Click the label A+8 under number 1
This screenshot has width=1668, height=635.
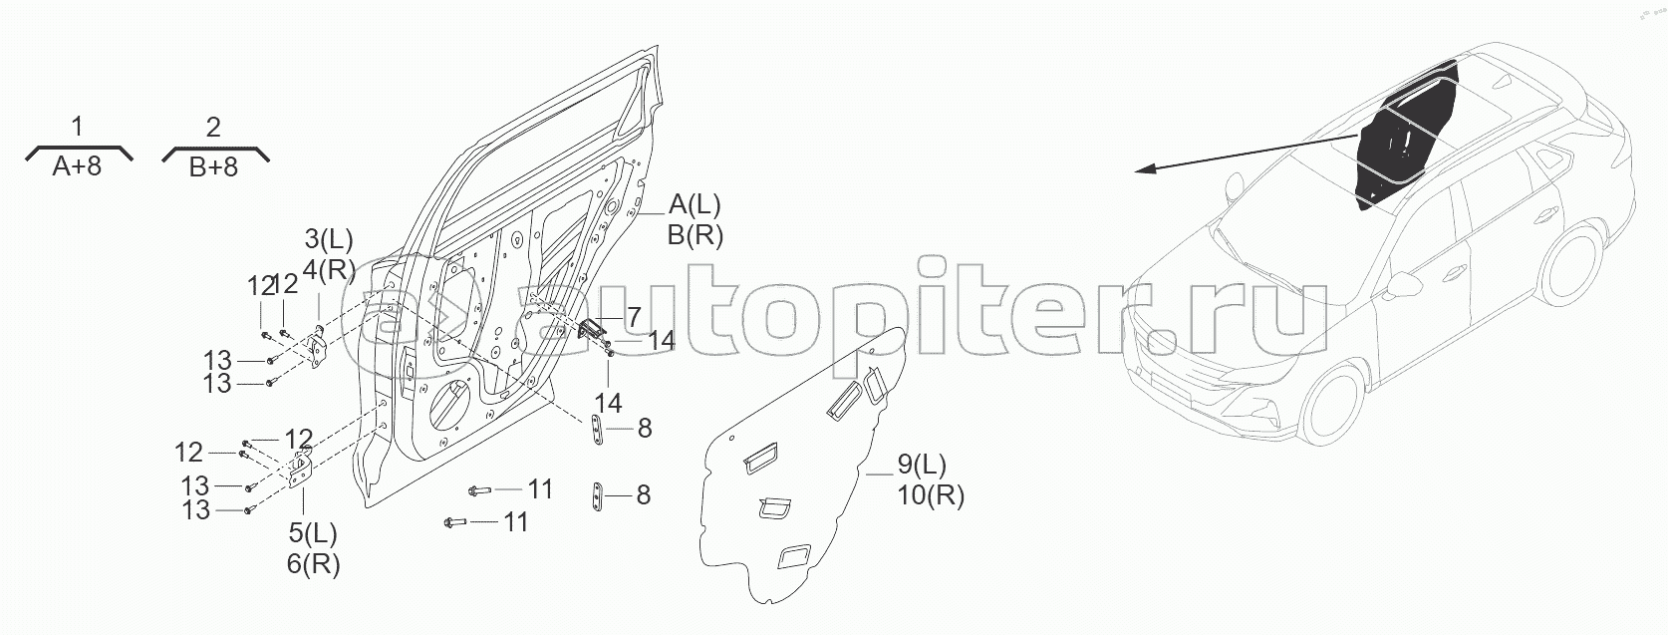(x=78, y=165)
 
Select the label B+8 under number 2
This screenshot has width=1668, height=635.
(x=214, y=165)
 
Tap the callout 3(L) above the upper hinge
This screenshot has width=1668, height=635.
(x=329, y=239)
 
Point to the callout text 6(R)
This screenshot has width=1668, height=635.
(x=313, y=563)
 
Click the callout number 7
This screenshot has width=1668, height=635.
(x=633, y=317)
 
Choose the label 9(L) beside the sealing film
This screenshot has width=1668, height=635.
(x=922, y=465)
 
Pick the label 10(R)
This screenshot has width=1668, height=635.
(x=930, y=494)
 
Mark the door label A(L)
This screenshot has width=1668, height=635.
(x=695, y=205)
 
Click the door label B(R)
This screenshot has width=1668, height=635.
(x=695, y=235)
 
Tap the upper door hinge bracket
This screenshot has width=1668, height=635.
(x=318, y=348)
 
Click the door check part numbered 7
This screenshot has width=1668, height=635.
(x=594, y=330)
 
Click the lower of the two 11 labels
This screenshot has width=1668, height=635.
(x=515, y=521)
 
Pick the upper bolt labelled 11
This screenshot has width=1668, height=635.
(x=479, y=490)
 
